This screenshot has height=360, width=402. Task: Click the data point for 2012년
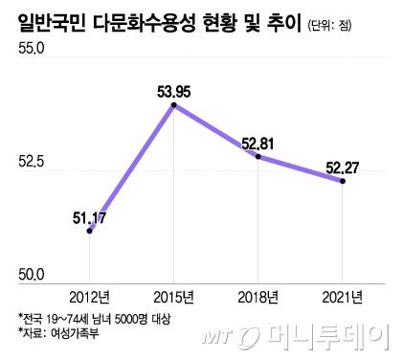coord(89,231)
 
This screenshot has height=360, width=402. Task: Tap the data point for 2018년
coord(258,156)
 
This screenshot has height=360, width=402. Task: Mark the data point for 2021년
coord(343,180)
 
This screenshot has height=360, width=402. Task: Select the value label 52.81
coord(260,143)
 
